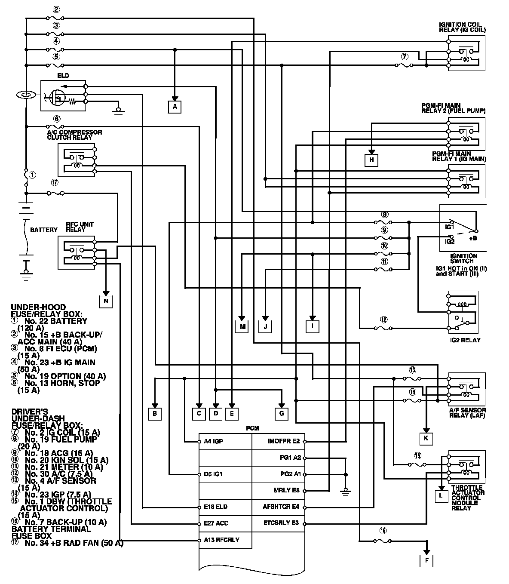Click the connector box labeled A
(175, 106)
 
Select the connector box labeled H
(372, 160)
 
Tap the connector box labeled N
(105, 301)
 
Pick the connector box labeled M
(242, 327)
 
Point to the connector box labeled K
(426, 438)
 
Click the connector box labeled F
(426, 560)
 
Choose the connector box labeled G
(282, 414)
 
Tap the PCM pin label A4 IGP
(214, 442)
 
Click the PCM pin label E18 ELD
(216, 507)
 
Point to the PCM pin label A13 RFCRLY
(222, 540)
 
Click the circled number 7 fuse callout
(404, 57)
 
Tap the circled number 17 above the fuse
(55, 182)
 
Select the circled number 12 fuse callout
(383, 320)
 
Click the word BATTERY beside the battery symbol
(43, 230)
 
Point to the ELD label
(63, 76)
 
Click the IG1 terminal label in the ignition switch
(450, 226)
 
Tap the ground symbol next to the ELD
(117, 112)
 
